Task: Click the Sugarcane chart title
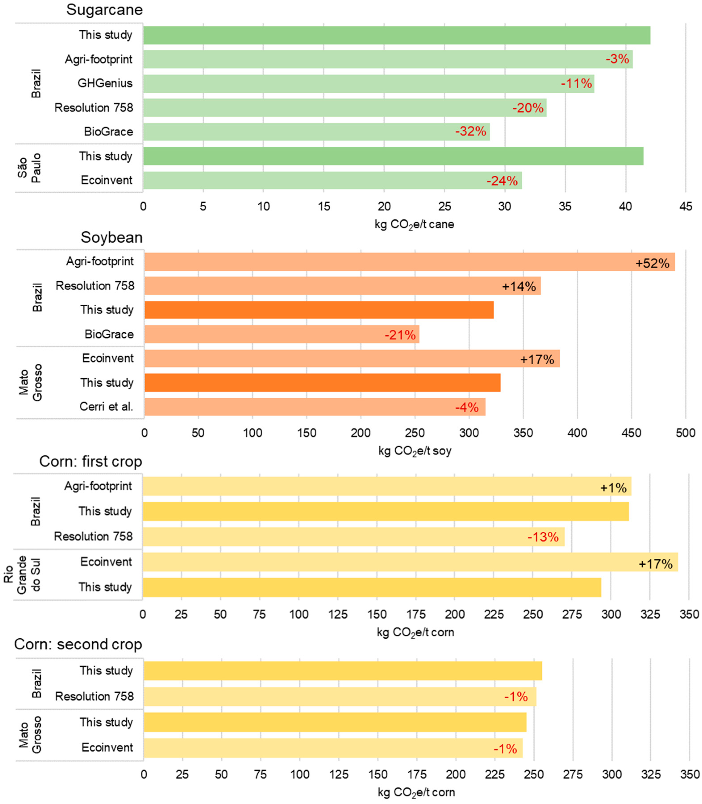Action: click(x=104, y=10)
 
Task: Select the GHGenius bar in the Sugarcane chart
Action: click(x=368, y=83)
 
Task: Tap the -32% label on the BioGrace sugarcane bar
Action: click(x=470, y=131)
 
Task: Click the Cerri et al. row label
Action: click(x=106, y=407)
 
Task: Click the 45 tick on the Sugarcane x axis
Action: click(x=685, y=206)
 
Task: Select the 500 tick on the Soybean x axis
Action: click(x=685, y=433)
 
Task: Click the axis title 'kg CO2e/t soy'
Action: click(x=414, y=451)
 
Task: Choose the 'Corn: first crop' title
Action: click(x=91, y=461)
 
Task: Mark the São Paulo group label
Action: click(x=29, y=168)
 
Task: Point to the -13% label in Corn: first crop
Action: click(x=543, y=537)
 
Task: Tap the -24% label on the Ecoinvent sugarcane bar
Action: click(x=502, y=181)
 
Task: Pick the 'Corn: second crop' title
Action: click(x=78, y=644)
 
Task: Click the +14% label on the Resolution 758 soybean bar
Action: click(x=519, y=287)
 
